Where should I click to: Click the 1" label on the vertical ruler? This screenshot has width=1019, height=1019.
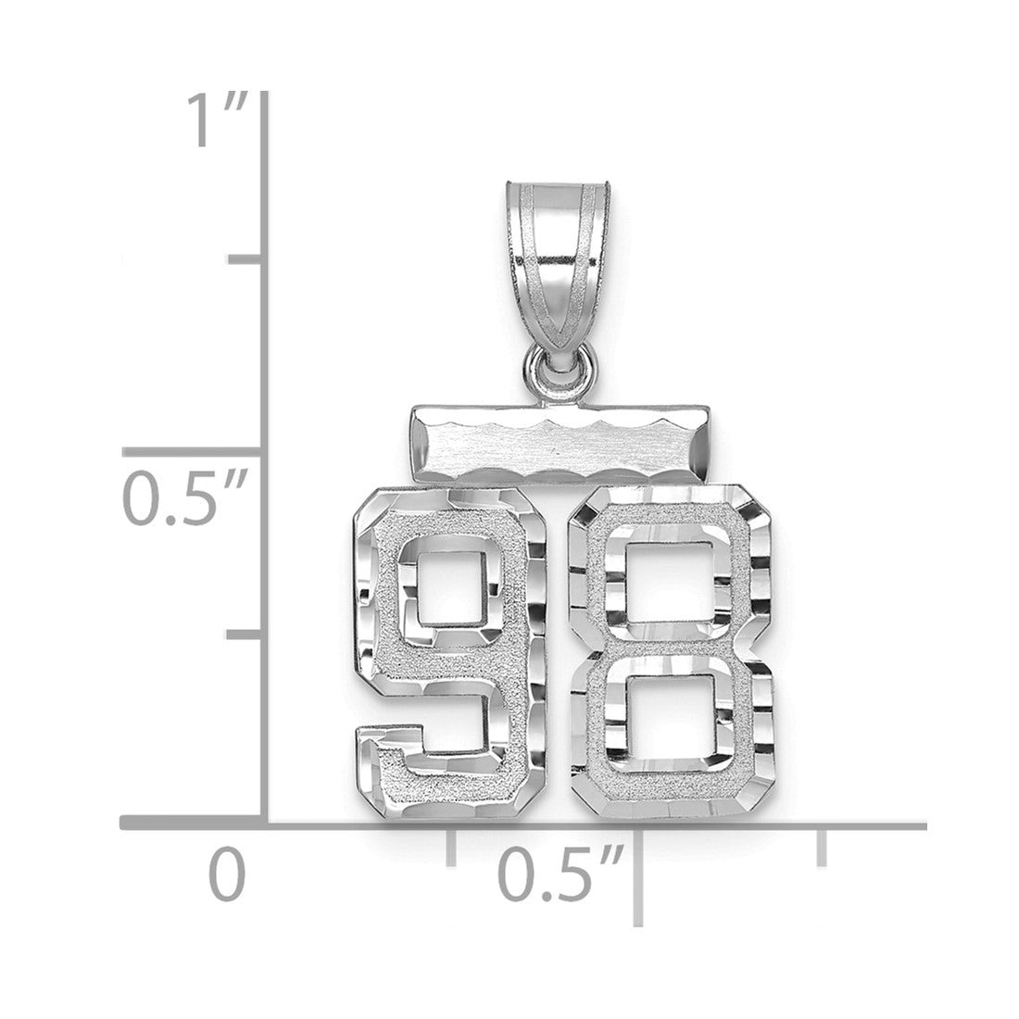coord(217,120)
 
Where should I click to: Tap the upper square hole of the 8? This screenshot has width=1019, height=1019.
coord(672,583)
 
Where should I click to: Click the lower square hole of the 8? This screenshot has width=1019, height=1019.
coord(670,717)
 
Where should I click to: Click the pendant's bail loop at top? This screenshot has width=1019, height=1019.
coord(559,273)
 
